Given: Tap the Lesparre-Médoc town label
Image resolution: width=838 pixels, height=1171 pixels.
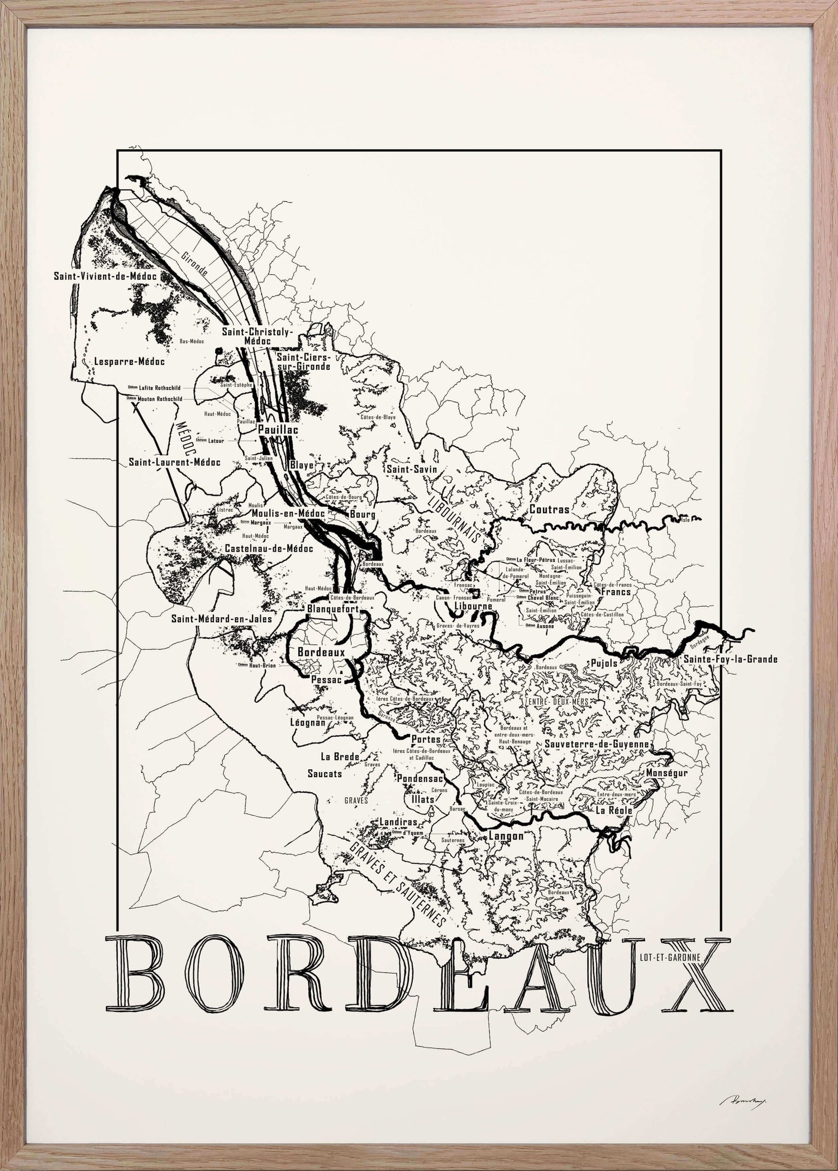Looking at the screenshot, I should (x=129, y=361).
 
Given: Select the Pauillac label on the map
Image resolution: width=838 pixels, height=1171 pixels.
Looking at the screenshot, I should (x=277, y=430).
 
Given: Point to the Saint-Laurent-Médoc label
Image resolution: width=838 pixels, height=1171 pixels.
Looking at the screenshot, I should (x=174, y=462).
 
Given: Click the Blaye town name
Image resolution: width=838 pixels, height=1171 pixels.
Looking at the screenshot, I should (x=302, y=464).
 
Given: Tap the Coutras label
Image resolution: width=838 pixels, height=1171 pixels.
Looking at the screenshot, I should (x=549, y=510).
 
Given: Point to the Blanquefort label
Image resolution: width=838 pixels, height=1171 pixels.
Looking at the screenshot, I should (x=333, y=610).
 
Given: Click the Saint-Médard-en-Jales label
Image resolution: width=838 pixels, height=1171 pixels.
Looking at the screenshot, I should (x=222, y=618).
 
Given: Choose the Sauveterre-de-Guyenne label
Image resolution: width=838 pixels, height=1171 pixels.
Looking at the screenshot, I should (x=596, y=744).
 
